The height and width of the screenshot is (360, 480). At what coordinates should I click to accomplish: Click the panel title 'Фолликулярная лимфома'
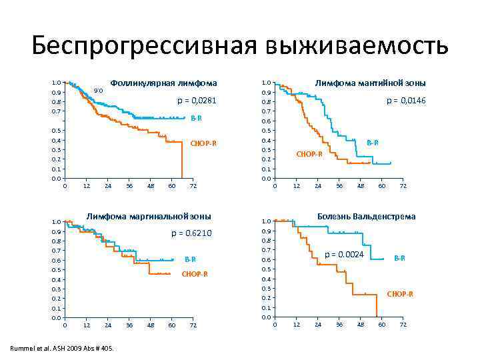point(163,83)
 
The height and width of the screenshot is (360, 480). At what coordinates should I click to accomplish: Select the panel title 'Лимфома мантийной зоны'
point(371,83)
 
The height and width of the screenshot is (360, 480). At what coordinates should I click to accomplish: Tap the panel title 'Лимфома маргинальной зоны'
point(149,216)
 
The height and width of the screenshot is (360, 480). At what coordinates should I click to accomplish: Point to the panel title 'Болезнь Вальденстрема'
point(366,216)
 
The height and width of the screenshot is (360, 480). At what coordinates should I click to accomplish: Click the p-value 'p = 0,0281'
point(197,101)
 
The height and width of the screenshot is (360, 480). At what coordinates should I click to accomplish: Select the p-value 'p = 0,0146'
point(406,101)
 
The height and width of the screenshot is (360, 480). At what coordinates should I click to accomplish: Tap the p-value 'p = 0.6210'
point(191,233)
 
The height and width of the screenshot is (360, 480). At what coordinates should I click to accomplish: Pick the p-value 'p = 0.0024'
point(345,255)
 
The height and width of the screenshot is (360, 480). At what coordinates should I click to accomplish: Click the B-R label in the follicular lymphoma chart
point(196,118)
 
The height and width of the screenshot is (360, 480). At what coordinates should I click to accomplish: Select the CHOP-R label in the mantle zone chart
point(309,154)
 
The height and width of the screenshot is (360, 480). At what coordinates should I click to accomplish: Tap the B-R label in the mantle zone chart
point(373,142)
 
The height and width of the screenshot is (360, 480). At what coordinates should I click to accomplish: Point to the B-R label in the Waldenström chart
point(399,258)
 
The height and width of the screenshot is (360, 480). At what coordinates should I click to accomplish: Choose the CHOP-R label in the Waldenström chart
point(400,294)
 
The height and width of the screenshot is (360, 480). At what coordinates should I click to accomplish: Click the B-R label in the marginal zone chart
point(190,259)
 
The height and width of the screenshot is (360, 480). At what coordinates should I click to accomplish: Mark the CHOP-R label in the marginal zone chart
point(195,274)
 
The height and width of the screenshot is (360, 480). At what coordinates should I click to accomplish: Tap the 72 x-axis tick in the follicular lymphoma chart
point(193,186)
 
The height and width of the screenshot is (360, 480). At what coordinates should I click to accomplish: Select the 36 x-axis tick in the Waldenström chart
point(339,324)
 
